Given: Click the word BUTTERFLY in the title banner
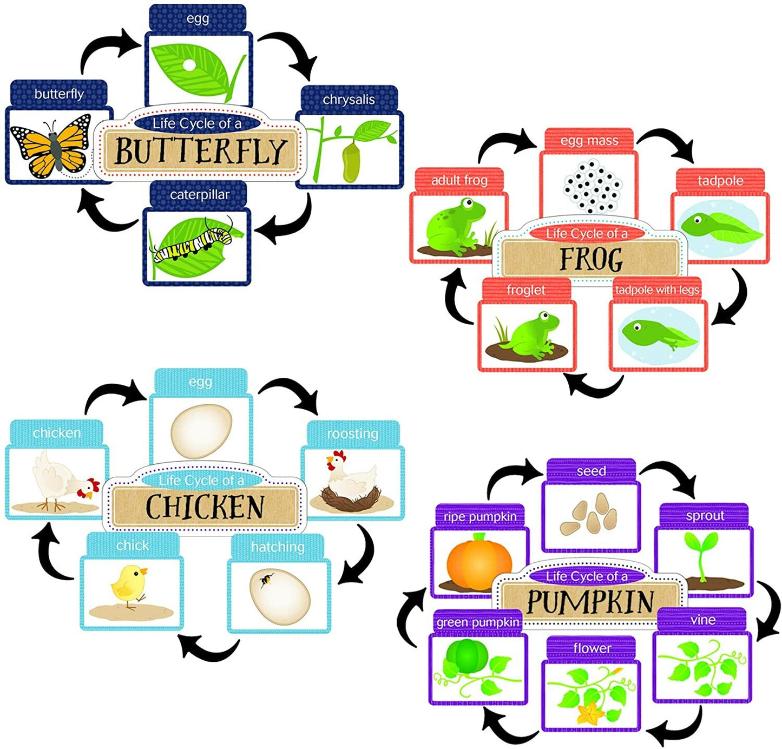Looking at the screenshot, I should (200, 152).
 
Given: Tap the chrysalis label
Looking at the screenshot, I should (349, 100).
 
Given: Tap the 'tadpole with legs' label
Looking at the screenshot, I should (657, 290).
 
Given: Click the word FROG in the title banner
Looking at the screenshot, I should (590, 259).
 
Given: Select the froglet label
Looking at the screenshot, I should (525, 290).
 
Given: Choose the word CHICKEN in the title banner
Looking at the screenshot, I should (205, 507).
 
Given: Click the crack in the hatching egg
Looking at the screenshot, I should (266, 581).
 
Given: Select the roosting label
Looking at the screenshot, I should (352, 433).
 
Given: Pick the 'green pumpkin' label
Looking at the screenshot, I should (477, 622).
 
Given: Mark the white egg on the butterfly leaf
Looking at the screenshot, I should (188, 65).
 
